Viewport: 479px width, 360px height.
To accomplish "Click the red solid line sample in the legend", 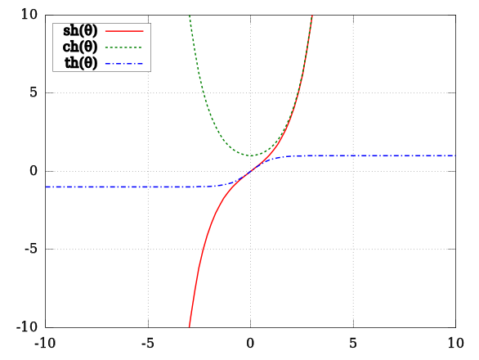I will coord(124,31).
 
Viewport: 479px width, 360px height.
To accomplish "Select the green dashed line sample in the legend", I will coord(124,47).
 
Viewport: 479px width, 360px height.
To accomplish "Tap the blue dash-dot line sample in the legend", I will coord(124,64).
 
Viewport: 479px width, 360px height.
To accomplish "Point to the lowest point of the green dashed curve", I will coord(251,155).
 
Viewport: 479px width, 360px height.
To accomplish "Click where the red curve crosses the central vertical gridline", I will coord(251,171).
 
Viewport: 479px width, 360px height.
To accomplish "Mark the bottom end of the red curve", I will coord(190,326).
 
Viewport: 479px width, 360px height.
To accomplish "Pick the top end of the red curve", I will coord(311,16).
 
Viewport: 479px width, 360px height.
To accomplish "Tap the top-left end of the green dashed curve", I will coord(190,16).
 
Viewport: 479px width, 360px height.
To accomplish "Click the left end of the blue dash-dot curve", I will coord(46,187).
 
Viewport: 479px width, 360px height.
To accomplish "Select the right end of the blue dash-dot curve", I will coord(454,155).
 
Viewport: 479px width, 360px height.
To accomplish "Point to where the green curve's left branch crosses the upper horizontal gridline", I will coord(204,93).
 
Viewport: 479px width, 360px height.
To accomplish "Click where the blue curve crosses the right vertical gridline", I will coord(353,155).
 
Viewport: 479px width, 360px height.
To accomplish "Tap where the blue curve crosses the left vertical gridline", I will coord(148,187).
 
